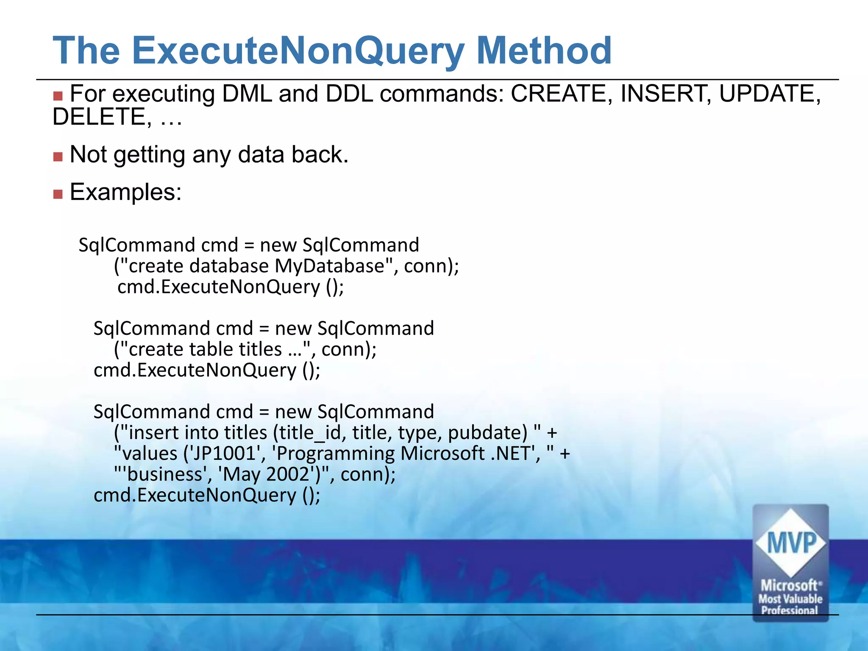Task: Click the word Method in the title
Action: tap(544, 50)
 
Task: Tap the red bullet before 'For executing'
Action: tap(58, 96)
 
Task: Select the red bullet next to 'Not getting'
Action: tap(58, 157)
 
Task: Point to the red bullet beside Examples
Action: tap(58, 194)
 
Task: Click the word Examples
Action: tap(125, 192)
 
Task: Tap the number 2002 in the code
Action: tap(289, 474)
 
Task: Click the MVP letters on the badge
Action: tap(791, 542)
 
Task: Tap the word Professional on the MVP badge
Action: tap(789, 610)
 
